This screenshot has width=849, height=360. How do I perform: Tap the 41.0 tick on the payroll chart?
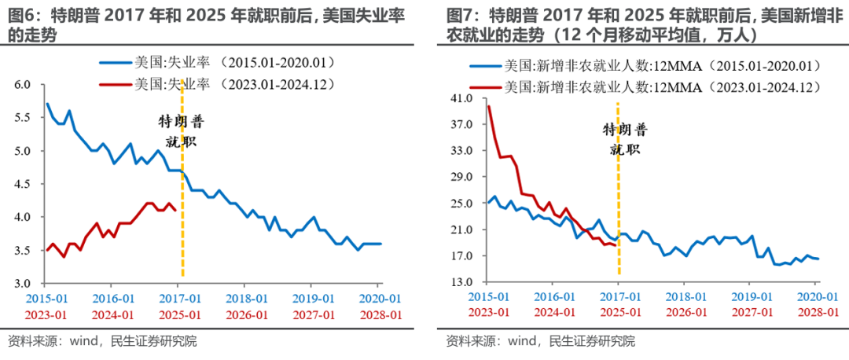click(460, 98)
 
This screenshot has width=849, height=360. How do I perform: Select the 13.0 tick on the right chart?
click(460, 282)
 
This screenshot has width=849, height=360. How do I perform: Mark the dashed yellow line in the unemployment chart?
click(182, 220)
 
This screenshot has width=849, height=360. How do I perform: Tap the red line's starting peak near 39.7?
click(489, 107)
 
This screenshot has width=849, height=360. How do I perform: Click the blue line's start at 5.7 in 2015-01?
click(47, 104)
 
